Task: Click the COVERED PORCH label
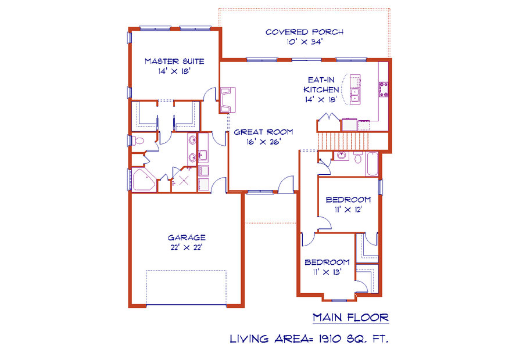(x=305, y=32)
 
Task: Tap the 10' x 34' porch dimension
(x=305, y=42)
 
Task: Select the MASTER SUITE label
(x=174, y=62)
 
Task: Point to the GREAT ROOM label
(x=263, y=132)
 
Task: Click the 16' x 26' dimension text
(x=263, y=142)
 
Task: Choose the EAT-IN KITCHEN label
(x=321, y=85)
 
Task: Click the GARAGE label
(x=187, y=237)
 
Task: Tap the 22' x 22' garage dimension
(x=187, y=248)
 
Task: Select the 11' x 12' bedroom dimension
(x=349, y=210)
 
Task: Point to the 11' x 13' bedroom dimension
(x=327, y=272)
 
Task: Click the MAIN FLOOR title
(x=351, y=318)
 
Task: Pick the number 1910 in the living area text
(x=330, y=339)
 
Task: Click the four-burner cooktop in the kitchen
(x=384, y=89)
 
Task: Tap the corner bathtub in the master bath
(x=144, y=180)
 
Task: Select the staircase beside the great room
(x=343, y=141)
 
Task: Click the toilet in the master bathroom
(x=138, y=141)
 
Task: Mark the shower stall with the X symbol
(x=184, y=179)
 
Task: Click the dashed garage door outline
(x=187, y=287)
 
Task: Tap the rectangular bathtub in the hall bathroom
(x=372, y=164)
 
